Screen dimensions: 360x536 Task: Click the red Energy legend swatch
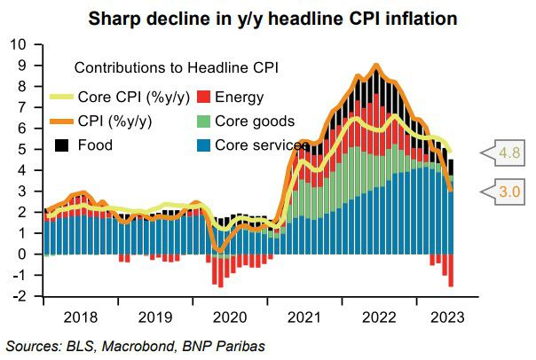204,98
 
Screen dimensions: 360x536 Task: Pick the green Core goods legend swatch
204,121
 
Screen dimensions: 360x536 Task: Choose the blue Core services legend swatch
204,144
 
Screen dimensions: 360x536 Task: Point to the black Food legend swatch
61,144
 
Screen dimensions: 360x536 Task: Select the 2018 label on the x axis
81,315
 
